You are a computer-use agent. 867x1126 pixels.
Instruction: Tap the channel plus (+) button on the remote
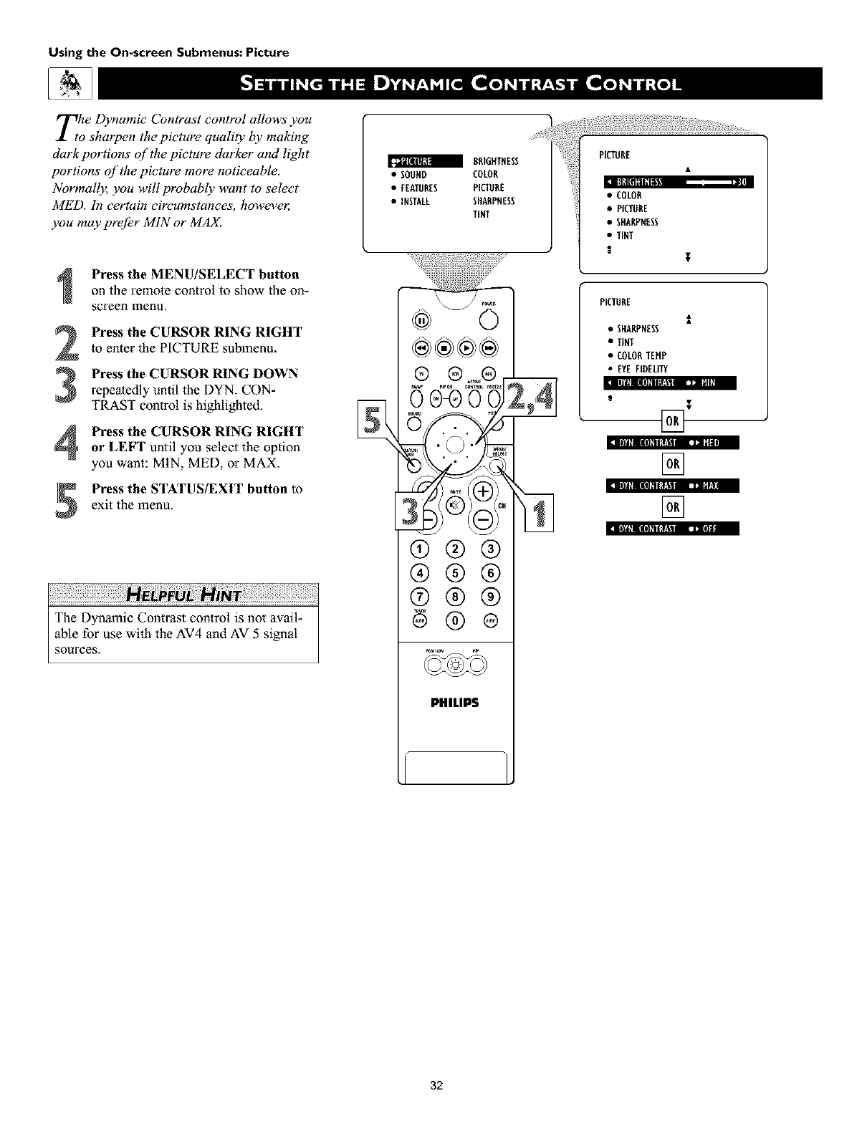(483, 491)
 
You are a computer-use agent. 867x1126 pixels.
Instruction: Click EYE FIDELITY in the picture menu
(636, 369)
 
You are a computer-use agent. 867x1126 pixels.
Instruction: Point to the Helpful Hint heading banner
(183, 595)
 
